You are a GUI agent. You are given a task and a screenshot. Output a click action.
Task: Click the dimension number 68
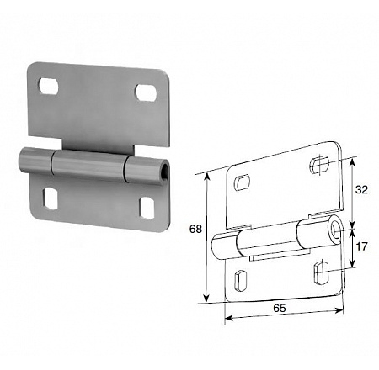195,229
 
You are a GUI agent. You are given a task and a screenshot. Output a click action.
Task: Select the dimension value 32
361,190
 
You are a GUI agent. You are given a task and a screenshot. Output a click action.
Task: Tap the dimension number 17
361,246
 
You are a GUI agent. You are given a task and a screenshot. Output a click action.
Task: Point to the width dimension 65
280,308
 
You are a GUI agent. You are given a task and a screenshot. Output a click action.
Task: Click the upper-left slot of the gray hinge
49,86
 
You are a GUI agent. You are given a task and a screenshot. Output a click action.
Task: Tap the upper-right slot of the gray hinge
147,92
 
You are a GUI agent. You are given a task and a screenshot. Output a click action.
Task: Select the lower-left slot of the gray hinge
51,199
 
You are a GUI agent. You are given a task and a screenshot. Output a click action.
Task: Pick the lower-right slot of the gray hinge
147,208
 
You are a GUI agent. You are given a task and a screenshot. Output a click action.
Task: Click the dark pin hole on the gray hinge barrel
165,171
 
